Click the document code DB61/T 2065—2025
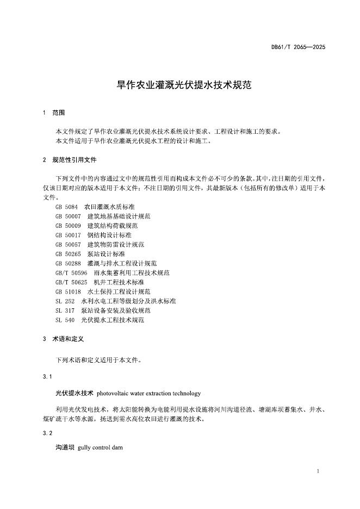[298, 47]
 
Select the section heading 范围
[59, 113]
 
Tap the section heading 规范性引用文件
[75, 160]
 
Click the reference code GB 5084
[67, 207]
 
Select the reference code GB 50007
[68, 216]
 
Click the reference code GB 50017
[68, 235]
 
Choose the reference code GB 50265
[68, 254]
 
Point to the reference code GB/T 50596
[71, 273]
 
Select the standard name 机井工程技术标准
[119, 282]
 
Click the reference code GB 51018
[68, 291]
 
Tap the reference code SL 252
[65, 301]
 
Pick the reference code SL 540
[65, 320]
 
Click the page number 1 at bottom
[317, 472]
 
